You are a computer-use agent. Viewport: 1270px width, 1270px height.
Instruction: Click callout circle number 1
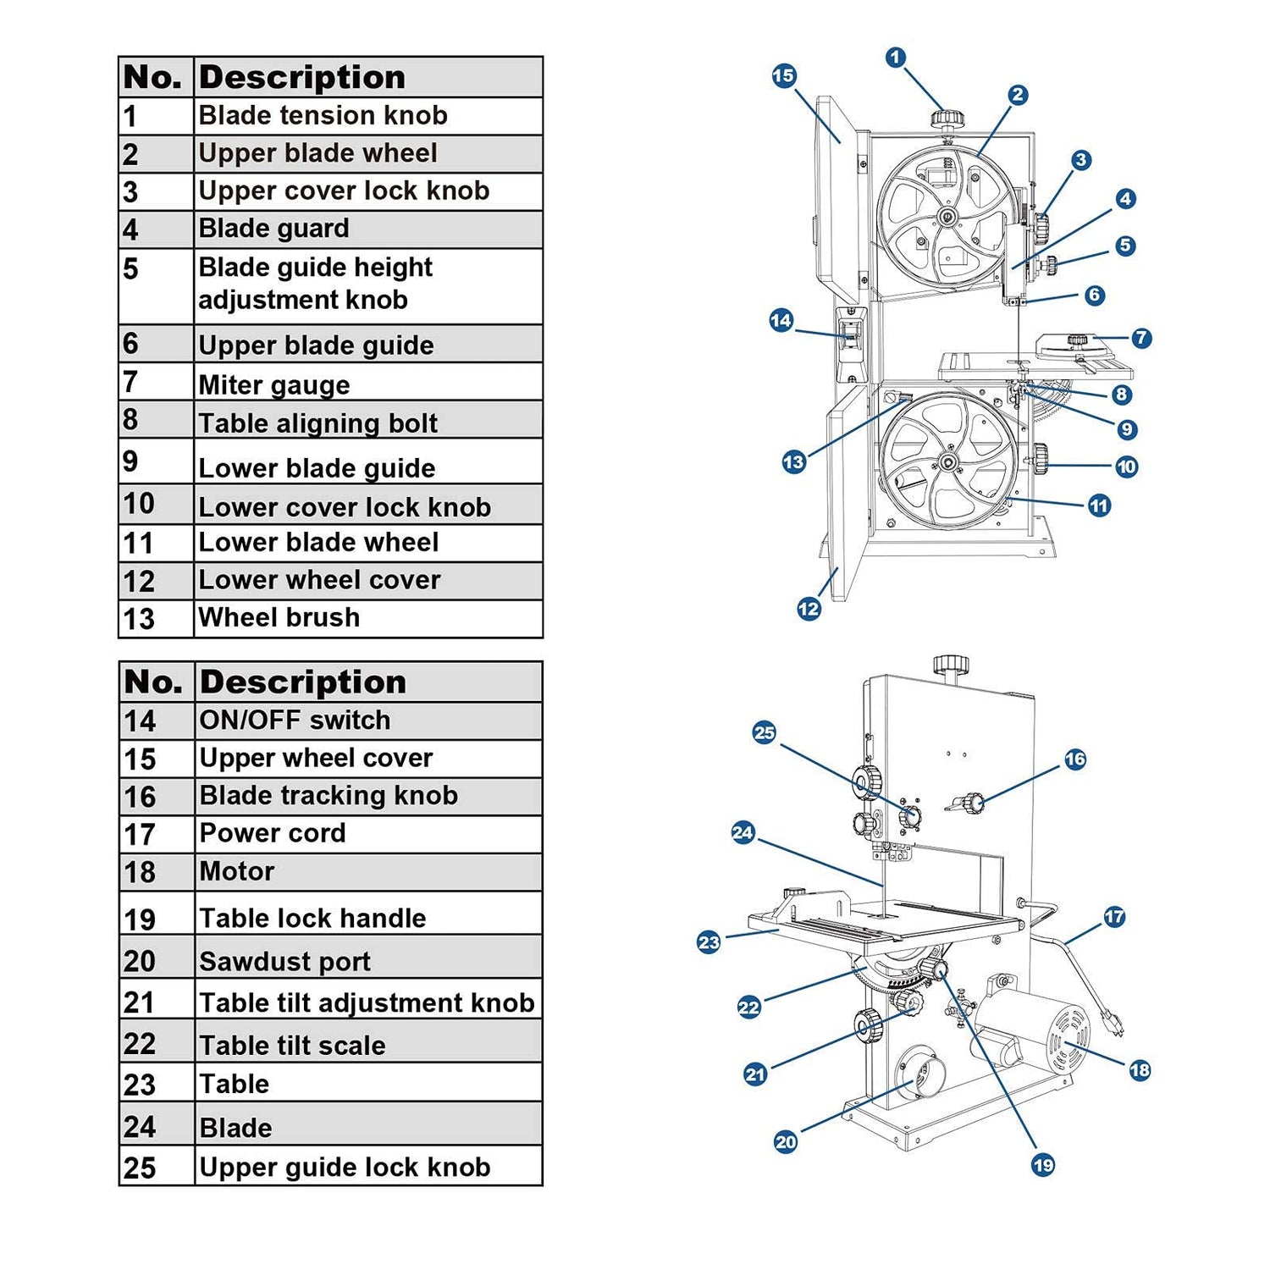coord(895,58)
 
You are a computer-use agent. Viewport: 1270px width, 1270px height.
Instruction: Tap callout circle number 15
coord(784,76)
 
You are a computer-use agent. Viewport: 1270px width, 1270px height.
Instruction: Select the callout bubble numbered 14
coord(781,321)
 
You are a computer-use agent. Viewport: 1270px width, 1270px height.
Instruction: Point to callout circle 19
coord(1043,1165)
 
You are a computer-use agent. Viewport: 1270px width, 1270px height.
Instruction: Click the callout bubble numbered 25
coord(765,733)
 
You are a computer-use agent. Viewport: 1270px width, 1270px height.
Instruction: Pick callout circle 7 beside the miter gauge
coord(1141,338)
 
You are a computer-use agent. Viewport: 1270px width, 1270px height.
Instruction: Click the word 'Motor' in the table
coord(237,871)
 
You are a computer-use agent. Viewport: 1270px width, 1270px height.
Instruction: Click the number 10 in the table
coord(139,505)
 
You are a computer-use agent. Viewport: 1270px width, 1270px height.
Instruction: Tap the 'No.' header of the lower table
coord(153,682)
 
